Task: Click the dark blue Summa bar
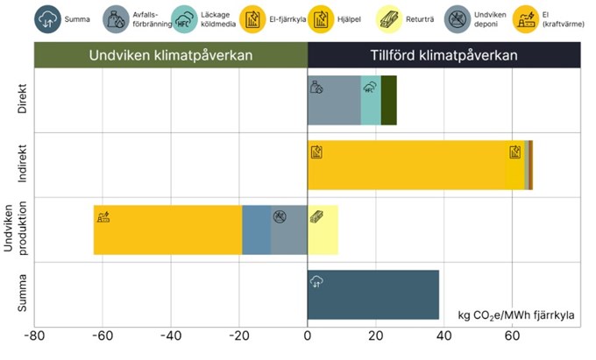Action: coord(372,294)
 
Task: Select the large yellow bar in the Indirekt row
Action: coord(412,165)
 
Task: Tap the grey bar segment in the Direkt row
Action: coord(334,100)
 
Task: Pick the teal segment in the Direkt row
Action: coord(371,100)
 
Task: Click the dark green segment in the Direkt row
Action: coord(388,100)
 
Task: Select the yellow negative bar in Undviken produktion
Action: coord(167,229)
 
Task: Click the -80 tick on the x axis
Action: coord(34,335)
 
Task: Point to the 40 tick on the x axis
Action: coord(443,335)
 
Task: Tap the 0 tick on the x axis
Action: coord(308,335)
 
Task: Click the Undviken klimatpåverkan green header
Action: coord(171,55)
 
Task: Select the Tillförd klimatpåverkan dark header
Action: coord(443,55)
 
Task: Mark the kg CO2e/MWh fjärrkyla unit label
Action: coord(515,314)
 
